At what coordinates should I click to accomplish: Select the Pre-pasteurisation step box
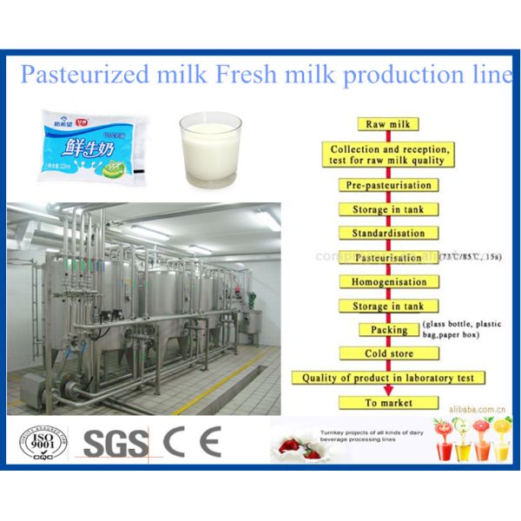click(x=388, y=185)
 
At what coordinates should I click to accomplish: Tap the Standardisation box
click(x=387, y=234)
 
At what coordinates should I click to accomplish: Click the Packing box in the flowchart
click(x=388, y=330)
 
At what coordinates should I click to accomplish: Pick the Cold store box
click(x=388, y=354)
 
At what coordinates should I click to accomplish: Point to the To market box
click(x=388, y=403)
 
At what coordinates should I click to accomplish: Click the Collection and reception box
click(x=388, y=155)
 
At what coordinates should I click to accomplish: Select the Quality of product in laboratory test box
click(x=387, y=379)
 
